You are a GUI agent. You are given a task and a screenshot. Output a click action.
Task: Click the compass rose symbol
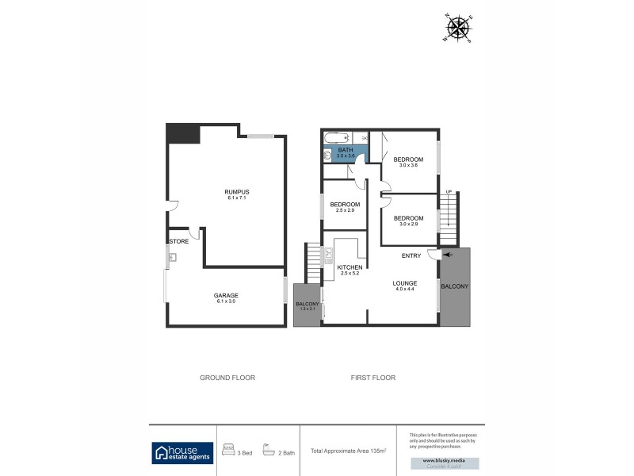(458, 28)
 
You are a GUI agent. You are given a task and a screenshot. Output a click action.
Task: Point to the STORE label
(178, 241)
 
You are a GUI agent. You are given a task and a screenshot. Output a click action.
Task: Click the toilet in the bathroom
(327, 155)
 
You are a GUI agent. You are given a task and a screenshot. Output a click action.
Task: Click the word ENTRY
(411, 255)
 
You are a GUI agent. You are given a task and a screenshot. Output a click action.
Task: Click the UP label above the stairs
(449, 192)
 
